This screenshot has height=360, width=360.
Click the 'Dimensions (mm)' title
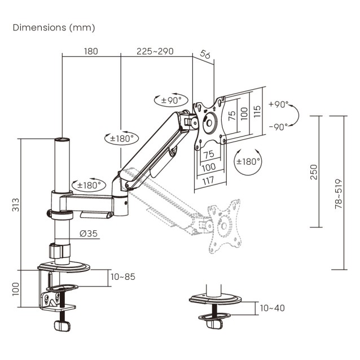(54, 27)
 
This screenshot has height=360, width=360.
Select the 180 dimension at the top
(91, 51)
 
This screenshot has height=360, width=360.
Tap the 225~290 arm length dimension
(154, 51)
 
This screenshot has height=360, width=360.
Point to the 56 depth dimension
(205, 56)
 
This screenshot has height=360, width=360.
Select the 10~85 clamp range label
(123, 277)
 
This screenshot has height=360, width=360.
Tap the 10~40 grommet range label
(273, 308)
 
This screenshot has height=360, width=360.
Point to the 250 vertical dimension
(314, 172)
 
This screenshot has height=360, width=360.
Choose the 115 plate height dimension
(257, 111)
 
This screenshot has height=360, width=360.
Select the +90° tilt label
(278, 104)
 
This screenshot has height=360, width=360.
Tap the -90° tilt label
(278, 126)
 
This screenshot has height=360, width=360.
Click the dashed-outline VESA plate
(224, 226)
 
